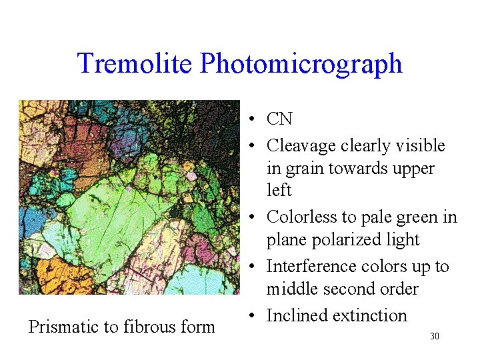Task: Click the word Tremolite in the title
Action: pyautogui.click(x=135, y=63)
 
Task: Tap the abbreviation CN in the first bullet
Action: pyautogui.click(x=279, y=119)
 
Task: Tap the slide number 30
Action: pyautogui.click(x=434, y=337)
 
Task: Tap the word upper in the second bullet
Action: pyautogui.click(x=413, y=169)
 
